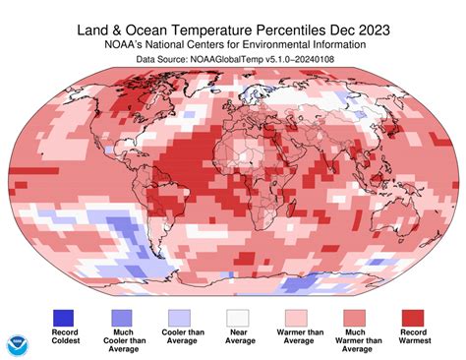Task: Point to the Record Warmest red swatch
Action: (413, 318)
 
